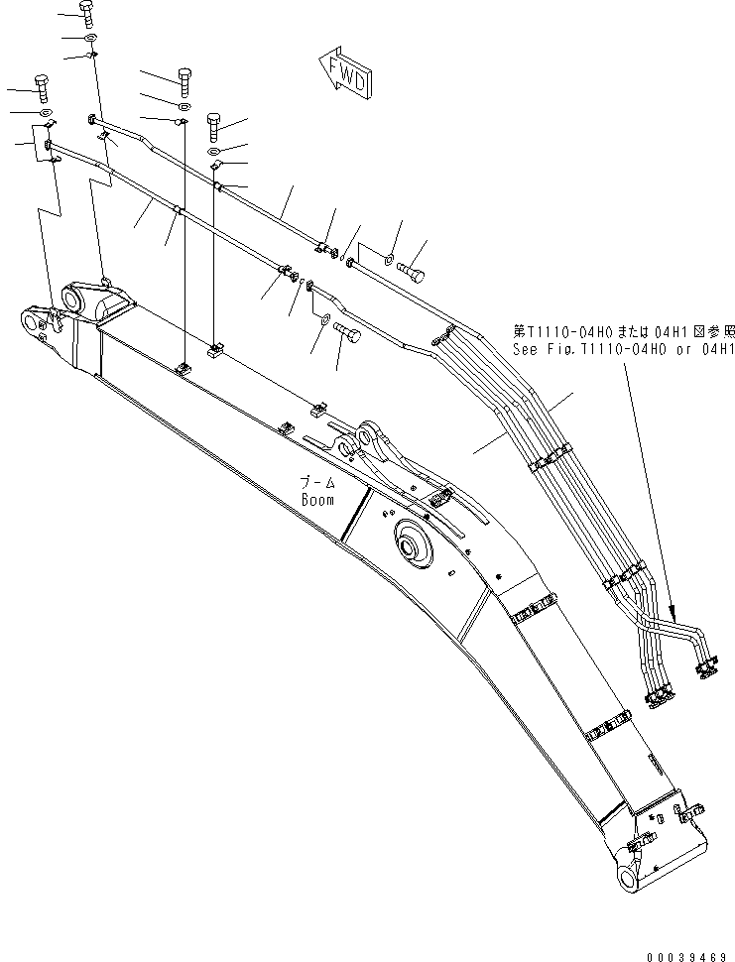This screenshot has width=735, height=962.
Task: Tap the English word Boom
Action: pos(318,500)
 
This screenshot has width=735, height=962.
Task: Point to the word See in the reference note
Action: pos(526,349)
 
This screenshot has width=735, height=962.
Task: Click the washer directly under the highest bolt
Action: pos(90,38)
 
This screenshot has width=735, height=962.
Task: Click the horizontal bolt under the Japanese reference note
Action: pos(410,266)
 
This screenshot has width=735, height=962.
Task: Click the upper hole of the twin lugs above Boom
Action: pos(370,433)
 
